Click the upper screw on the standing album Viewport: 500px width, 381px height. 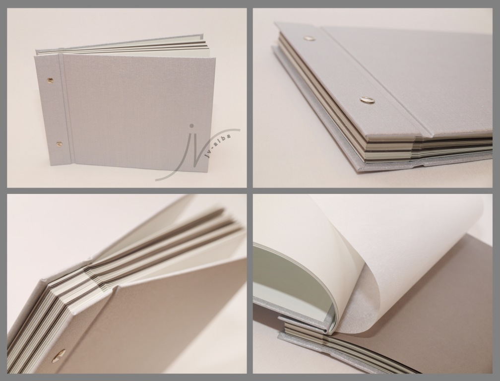[x=50, y=78]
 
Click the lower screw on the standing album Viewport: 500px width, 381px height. [x=59, y=144]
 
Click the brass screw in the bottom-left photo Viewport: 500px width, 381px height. [x=60, y=354]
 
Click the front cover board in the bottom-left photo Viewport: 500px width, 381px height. [x=153, y=319]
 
